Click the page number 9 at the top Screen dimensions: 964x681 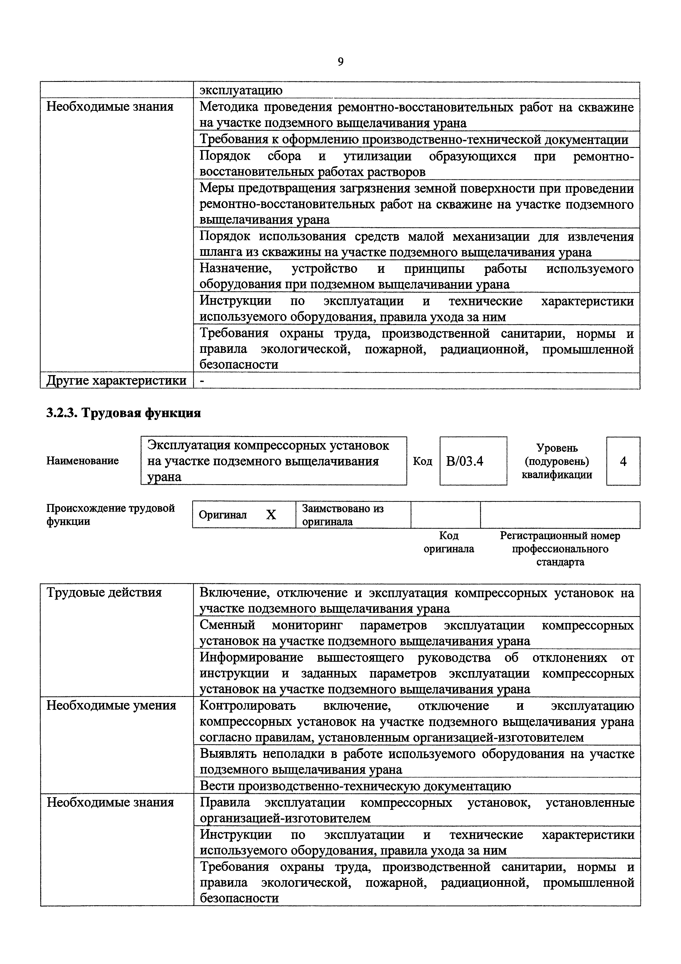tap(340, 62)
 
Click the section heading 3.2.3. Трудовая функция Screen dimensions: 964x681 tap(123, 413)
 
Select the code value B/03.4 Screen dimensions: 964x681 tap(465, 461)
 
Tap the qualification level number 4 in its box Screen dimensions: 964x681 tap(623, 461)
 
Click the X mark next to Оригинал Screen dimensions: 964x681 tap(271, 515)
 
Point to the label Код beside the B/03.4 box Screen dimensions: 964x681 tap(423, 461)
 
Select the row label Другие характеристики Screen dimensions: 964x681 tap(116, 380)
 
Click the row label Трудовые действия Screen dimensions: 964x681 tap(104, 592)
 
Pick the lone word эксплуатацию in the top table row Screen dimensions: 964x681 tap(241, 90)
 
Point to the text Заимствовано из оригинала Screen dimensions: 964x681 tap(343, 515)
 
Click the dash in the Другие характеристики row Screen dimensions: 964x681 tap(203, 380)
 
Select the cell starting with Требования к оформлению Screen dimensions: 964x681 tap(414, 139)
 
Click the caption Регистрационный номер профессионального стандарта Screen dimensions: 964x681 tap(560, 549)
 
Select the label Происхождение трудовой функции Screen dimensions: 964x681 tap(110, 515)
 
